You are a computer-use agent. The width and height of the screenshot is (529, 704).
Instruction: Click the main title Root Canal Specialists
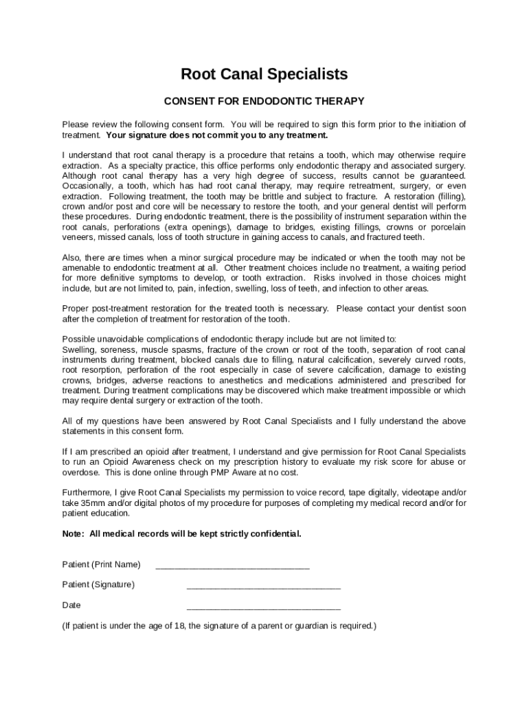pos(264,74)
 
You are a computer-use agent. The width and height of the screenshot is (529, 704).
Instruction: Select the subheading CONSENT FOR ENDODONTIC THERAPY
pos(264,101)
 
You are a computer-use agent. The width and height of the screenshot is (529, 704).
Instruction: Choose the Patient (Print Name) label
pos(101,564)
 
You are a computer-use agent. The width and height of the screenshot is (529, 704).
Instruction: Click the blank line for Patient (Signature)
pos(263,588)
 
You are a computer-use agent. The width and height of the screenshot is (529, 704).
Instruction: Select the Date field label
pos(71,605)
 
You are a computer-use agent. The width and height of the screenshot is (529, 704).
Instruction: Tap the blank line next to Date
pos(263,609)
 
